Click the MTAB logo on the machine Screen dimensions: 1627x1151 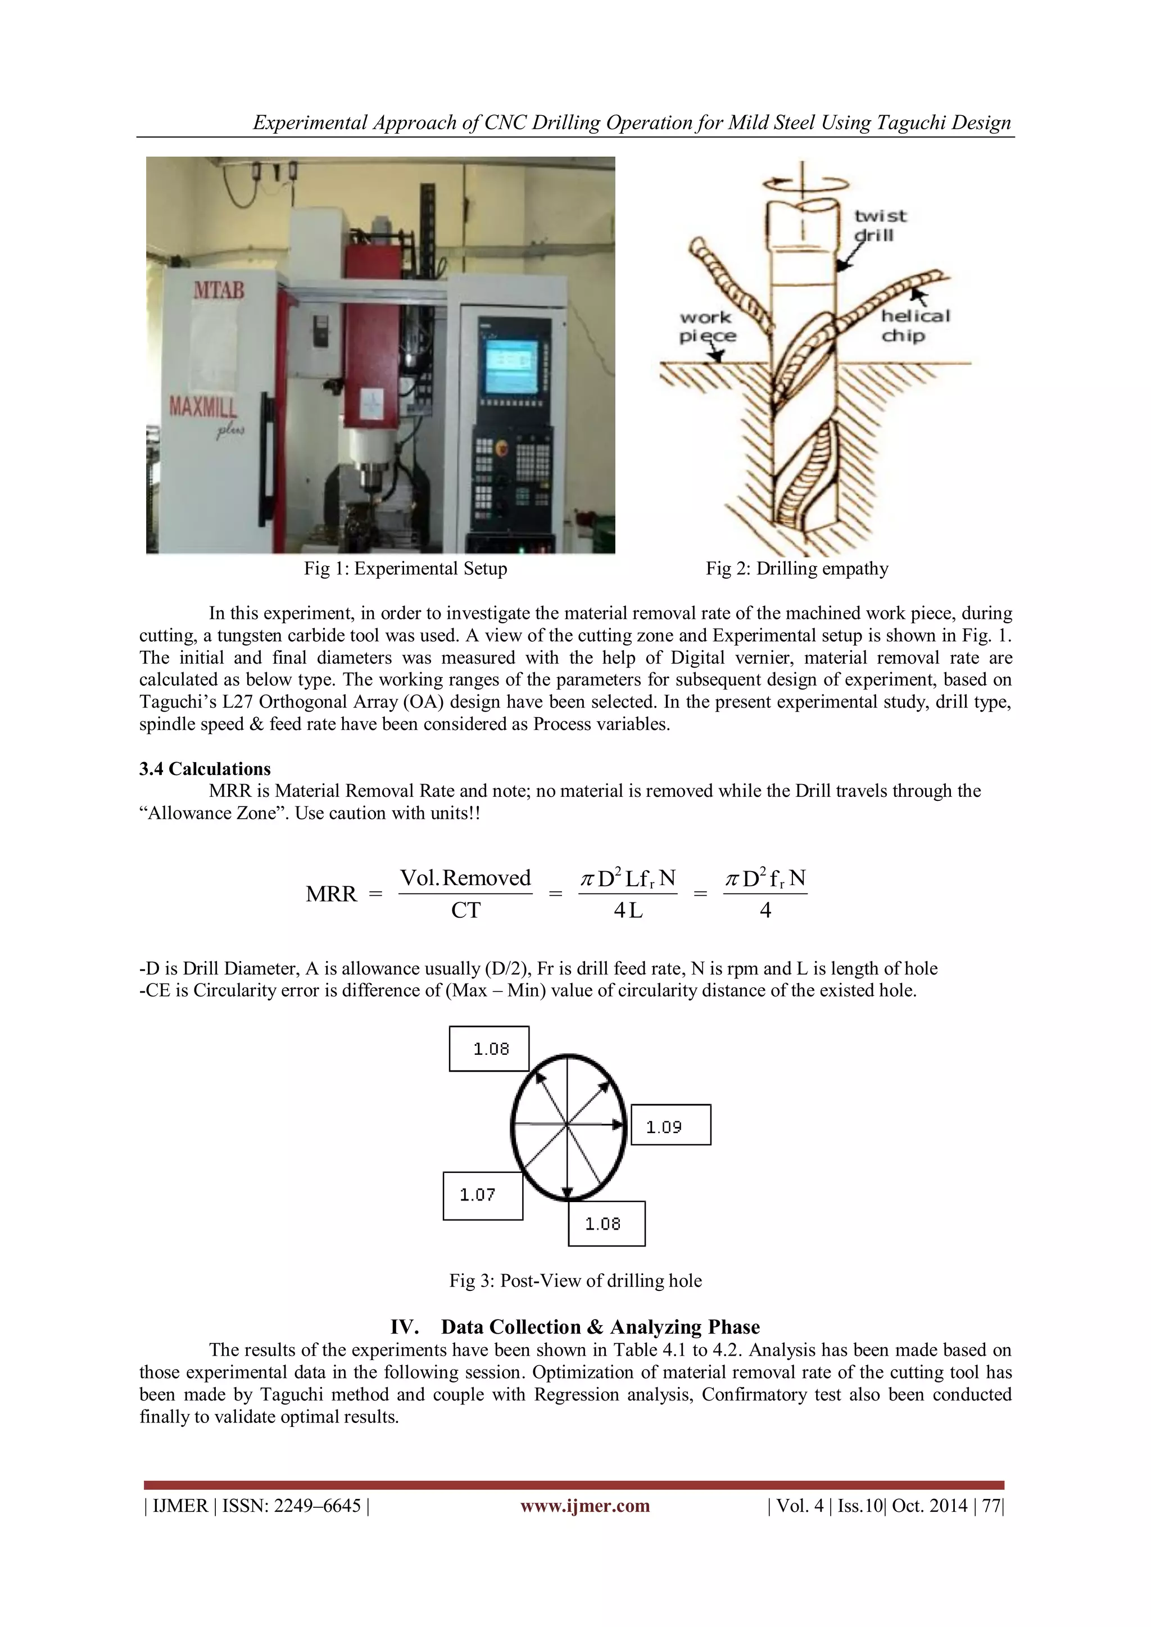click(x=218, y=290)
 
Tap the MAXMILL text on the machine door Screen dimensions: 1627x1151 click(x=203, y=407)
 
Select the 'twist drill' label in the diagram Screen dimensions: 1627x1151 click(x=880, y=225)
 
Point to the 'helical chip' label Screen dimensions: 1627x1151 click(x=915, y=325)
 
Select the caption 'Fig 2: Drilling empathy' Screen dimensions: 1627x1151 click(x=796, y=568)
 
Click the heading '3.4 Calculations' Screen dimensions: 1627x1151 click(x=205, y=769)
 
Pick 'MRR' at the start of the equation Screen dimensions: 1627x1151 click(x=331, y=894)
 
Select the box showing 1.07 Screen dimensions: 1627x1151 click(x=483, y=1195)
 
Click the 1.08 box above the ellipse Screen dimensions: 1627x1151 click(x=489, y=1049)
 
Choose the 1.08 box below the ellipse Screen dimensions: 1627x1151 click(x=606, y=1224)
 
